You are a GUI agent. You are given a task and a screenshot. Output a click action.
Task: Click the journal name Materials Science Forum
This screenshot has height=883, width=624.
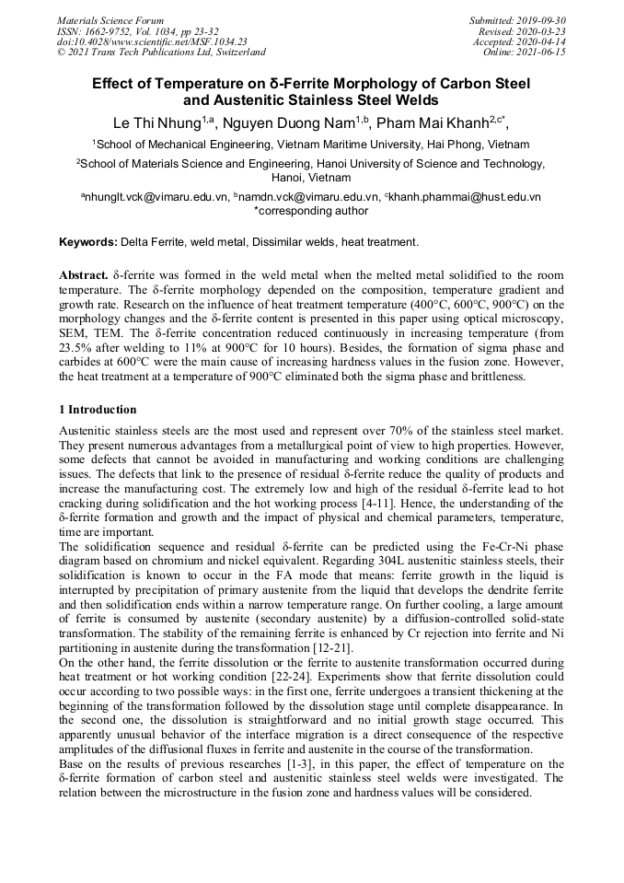(110, 20)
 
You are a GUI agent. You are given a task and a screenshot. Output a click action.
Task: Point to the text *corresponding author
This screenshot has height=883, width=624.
(311, 211)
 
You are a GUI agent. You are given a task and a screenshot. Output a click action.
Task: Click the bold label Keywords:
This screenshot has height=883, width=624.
(88, 242)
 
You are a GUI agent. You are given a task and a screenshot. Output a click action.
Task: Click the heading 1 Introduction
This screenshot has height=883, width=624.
(98, 409)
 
